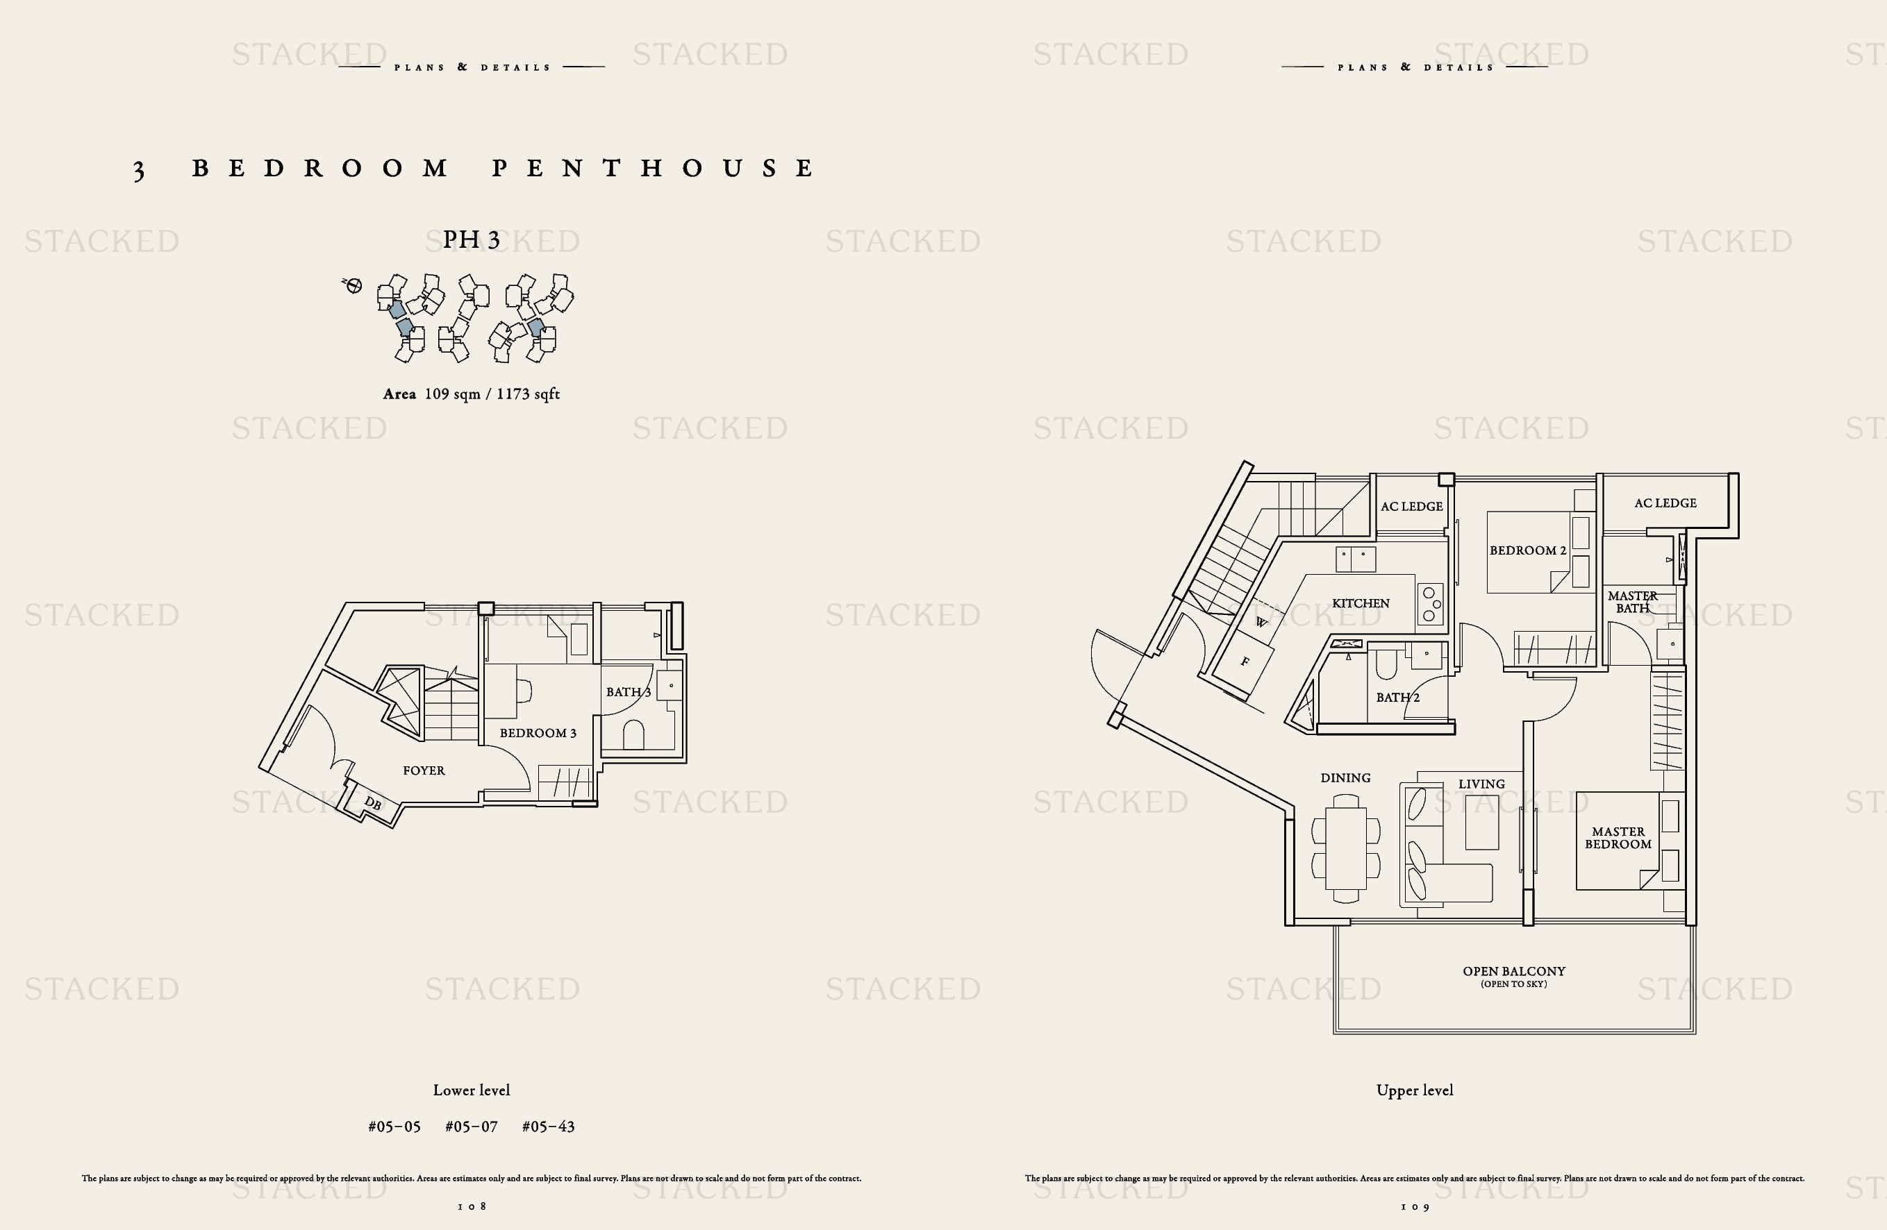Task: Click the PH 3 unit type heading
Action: tap(471, 239)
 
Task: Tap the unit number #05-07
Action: tap(471, 1126)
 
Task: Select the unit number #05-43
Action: tap(548, 1126)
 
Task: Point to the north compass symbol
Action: tap(353, 285)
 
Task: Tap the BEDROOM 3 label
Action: tap(538, 733)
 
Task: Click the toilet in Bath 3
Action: tap(633, 734)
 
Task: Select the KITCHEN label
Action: tap(1361, 603)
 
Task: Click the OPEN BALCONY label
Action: tap(1513, 971)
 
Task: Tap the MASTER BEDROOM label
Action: tap(1618, 838)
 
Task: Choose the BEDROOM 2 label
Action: tap(1528, 550)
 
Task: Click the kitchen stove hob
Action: tap(1429, 604)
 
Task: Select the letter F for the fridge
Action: tap(1245, 661)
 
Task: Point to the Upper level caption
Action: tap(1415, 1090)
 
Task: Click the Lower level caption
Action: tap(471, 1090)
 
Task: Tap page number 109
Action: tap(1415, 1207)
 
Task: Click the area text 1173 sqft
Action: tap(528, 394)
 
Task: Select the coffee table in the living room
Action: tap(1482, 822)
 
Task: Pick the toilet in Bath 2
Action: tap(1386, 665)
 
